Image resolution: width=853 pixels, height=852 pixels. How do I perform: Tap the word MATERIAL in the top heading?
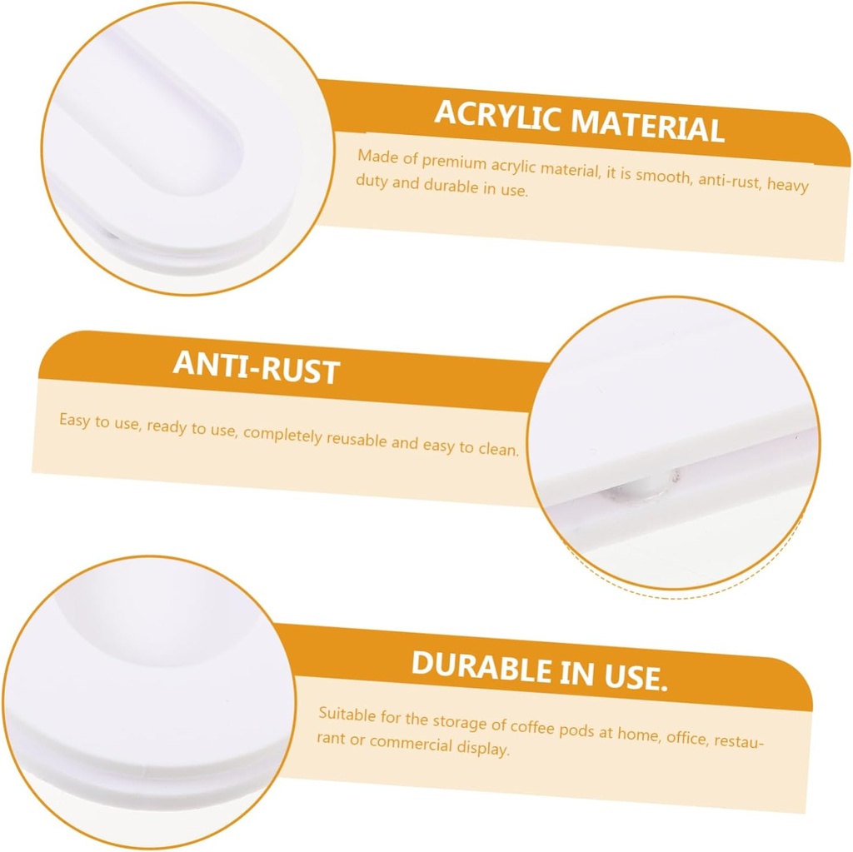(x=648, y=126)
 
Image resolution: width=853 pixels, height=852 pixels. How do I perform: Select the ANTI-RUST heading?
(x=257, y=368)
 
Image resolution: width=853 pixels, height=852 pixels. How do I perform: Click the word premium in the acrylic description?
(x=454, y=162)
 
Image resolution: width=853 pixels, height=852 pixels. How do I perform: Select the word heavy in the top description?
(x=788, y=184)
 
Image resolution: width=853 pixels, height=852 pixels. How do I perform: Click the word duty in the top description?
(x=372, y=182)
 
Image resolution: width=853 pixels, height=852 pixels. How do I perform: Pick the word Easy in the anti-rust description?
(x=74, y=421)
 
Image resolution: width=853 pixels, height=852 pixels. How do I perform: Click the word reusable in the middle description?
(x=357, y=439)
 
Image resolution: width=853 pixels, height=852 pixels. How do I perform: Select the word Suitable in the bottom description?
(x=347, y=715)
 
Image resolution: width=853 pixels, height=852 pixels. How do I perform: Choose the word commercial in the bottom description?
(x=411, y=743)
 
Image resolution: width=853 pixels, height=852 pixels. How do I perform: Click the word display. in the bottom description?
(x=483, y=748)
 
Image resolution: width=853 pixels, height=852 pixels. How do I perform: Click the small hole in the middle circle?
(x=675, y=477)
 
